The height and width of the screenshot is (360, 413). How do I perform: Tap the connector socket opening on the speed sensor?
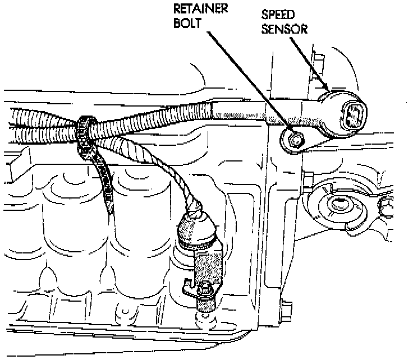pos(354,115)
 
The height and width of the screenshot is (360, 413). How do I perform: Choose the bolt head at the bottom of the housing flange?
pos(286,308)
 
